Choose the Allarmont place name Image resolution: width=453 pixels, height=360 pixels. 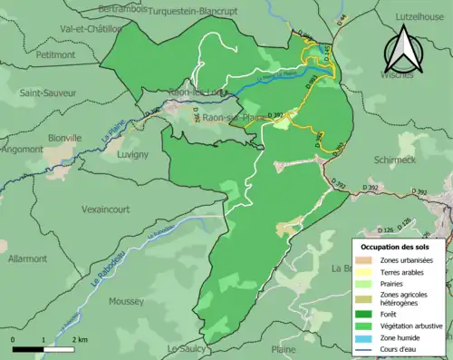(x=27, y=258)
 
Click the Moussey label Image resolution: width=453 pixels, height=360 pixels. (x=125, y=301)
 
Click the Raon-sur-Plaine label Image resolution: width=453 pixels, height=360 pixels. (x=230, y=118)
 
